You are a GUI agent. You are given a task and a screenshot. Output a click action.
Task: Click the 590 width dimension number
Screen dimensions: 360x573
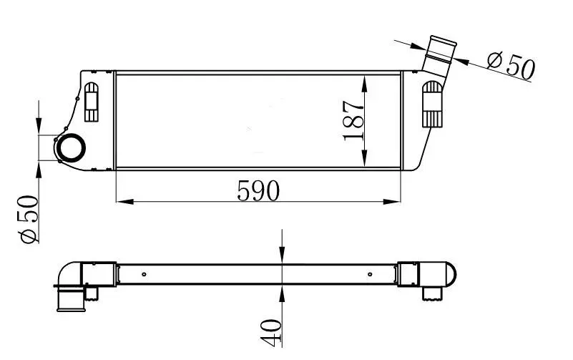coord(258,190)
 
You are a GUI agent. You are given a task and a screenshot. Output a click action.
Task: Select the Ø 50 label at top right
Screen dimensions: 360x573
coord(511,65)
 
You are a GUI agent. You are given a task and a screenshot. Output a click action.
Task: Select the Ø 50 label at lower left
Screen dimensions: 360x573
coord(29,218)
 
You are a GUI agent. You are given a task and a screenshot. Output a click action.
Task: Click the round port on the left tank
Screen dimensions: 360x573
coord(70,148)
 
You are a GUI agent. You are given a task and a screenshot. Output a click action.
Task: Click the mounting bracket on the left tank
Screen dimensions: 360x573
coord(92,101)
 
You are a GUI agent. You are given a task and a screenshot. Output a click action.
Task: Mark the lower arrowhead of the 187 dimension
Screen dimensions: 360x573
coord(366,160)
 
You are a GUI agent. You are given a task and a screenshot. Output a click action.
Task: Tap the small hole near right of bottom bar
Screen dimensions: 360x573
coord(369,273)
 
